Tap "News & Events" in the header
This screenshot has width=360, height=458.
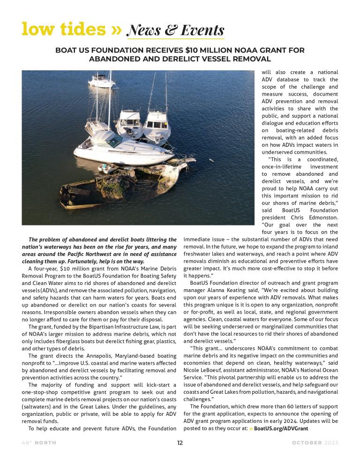tap(176, 30)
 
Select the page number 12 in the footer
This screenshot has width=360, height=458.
tap(180, 443)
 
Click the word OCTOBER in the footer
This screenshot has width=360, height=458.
tap(307, 443)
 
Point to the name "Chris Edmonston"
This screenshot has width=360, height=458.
tap(314, 217)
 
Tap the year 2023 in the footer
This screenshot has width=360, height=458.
tap(331, 443)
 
